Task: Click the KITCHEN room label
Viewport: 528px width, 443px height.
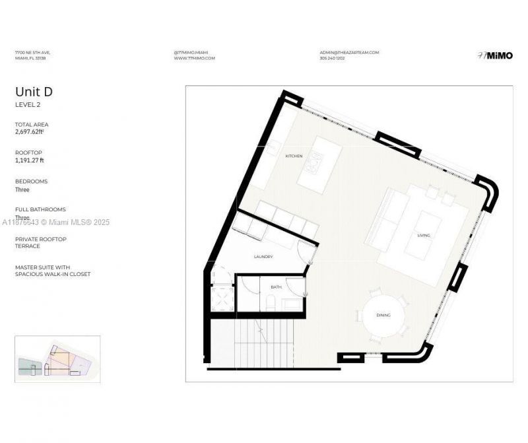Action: [294, 156]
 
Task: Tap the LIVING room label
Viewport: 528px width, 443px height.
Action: [424, 235]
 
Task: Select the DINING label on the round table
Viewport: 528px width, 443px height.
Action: [383, 316]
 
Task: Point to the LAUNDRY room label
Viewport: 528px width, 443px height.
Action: [263, 256]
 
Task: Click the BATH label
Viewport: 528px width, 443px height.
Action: [277, 287]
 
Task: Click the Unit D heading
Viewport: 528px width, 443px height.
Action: [34, 92]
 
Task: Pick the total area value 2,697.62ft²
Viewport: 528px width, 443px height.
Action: [30, 131]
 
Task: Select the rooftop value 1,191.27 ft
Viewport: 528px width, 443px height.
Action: [30, 160]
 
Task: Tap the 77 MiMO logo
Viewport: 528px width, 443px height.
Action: [494, 55]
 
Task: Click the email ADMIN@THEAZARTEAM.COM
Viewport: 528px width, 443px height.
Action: [348, 52]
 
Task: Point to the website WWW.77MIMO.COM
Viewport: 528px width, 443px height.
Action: [195, 58]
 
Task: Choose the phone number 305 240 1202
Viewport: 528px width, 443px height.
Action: [332, 58]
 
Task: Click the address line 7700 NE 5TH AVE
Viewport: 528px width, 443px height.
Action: [33, 52]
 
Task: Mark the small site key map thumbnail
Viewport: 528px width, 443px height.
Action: [57, 359]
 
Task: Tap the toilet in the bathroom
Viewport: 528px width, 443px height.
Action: [270, 303]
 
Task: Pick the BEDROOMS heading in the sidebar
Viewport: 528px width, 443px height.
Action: [31, 181]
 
